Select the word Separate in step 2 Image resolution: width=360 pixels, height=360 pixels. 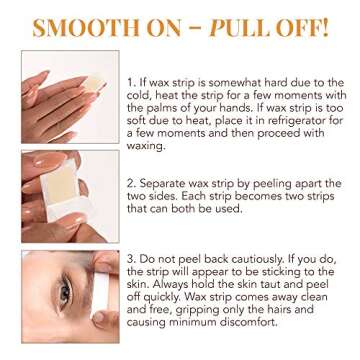point(161,185)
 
